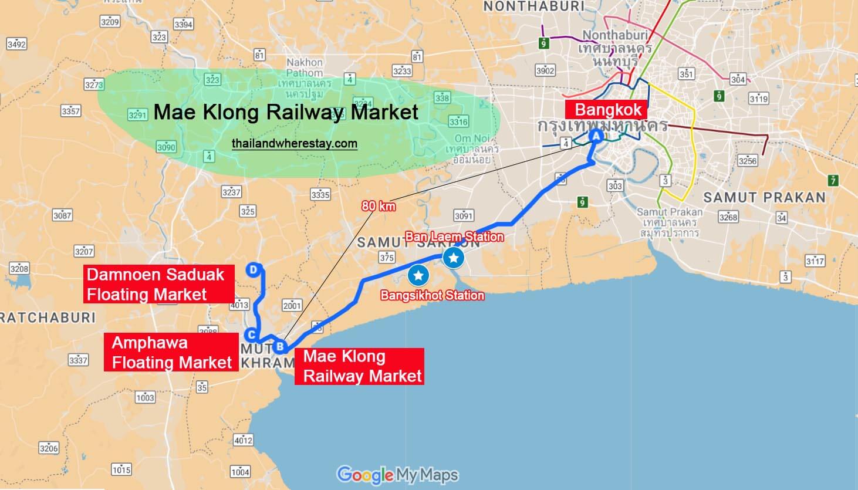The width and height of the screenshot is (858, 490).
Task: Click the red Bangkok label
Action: pos(607,110)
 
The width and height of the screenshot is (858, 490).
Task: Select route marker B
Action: pos(280,346)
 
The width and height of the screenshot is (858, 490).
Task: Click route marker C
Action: pos(251,335)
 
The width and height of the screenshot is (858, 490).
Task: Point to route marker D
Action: pos(253,269)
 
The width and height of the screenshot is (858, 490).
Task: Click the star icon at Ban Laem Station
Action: pos(454,257)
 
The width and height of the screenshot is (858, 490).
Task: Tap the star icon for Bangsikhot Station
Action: pos(418,275)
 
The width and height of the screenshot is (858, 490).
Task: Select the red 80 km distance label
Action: pos(379,206)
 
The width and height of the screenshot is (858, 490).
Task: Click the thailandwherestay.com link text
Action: pos(294,143)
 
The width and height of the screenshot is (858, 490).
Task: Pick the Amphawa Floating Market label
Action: pos(171,352)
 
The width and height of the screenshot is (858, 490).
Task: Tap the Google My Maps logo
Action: pos(397,475)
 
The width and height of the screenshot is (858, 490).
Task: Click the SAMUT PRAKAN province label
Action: pos(764,198)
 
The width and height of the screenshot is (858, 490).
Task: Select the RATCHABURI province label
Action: pos(48,317)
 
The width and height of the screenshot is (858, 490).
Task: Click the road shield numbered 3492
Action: pos(16,44)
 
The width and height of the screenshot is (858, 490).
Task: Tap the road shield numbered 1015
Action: pos(121,469)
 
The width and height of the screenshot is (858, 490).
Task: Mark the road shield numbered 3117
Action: pos(815,261)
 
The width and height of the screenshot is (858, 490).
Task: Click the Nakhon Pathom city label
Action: pos(305,67)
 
